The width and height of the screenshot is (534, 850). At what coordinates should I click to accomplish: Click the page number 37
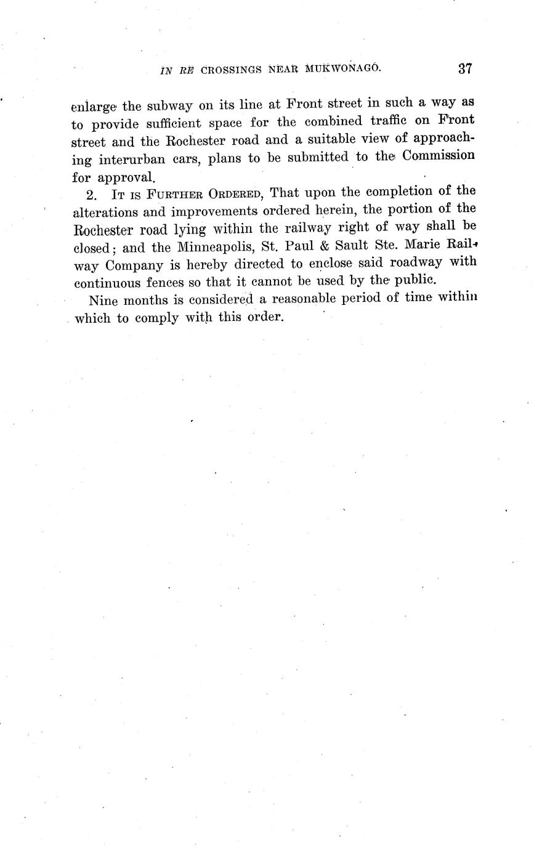coord(465,68)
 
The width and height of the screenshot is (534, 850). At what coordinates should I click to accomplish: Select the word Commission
coord(438,155)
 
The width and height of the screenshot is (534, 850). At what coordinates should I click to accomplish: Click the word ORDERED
coord(235,195)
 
